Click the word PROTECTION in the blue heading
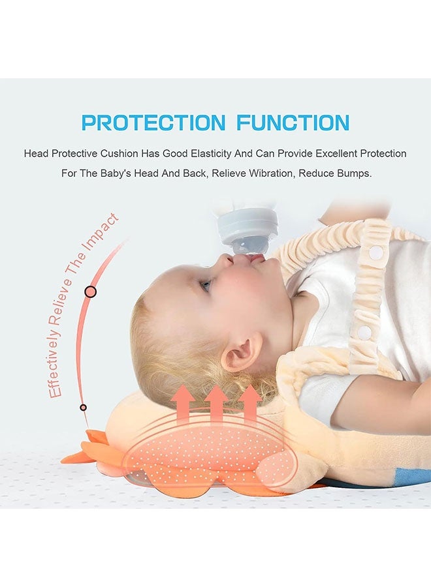coord(153,123)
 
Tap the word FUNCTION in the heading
coord(293,123)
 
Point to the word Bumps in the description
coord(353,175)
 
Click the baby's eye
coord(206,285)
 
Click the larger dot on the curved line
coord(90,292)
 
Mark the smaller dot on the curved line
coord(83,408)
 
